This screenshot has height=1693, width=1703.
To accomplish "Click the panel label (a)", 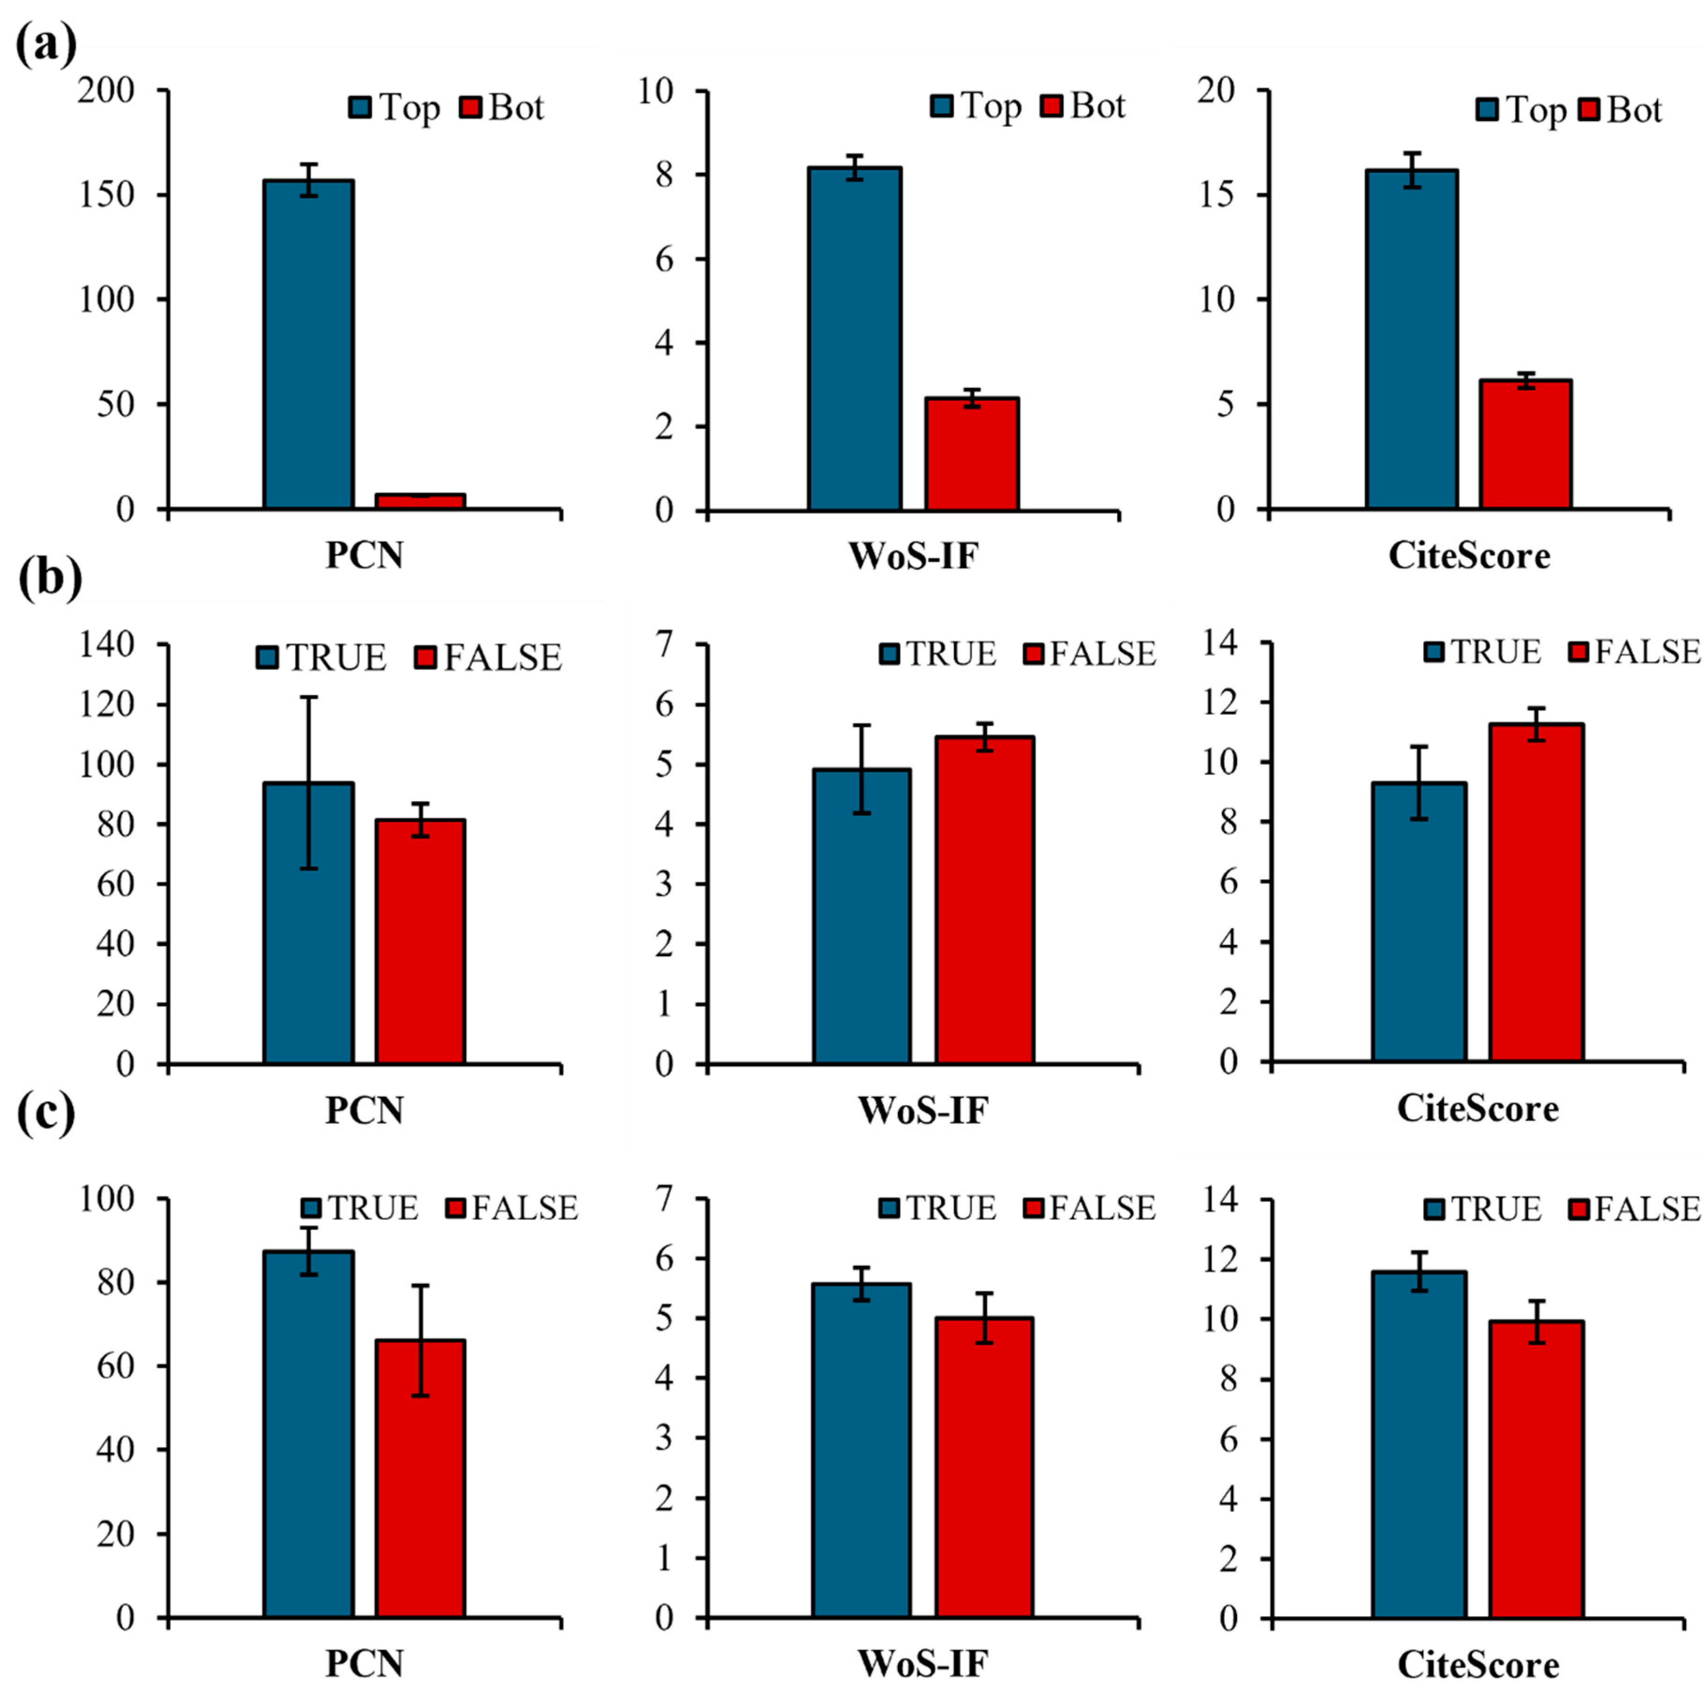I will click(x=46, y=44).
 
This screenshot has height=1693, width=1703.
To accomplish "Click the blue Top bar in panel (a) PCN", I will click(x=308, y=344).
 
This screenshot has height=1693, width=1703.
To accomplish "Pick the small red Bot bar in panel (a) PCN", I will click(x=420, y=501).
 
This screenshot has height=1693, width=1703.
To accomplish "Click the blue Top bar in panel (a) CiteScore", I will click(x=1411, y=339).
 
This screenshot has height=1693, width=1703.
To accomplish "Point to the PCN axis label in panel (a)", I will click(x=364, y=556).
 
